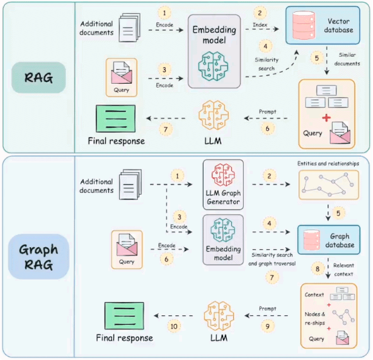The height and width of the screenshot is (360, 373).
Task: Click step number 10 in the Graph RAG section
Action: pos(174,326)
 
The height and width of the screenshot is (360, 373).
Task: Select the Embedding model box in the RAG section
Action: pos(215,50)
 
